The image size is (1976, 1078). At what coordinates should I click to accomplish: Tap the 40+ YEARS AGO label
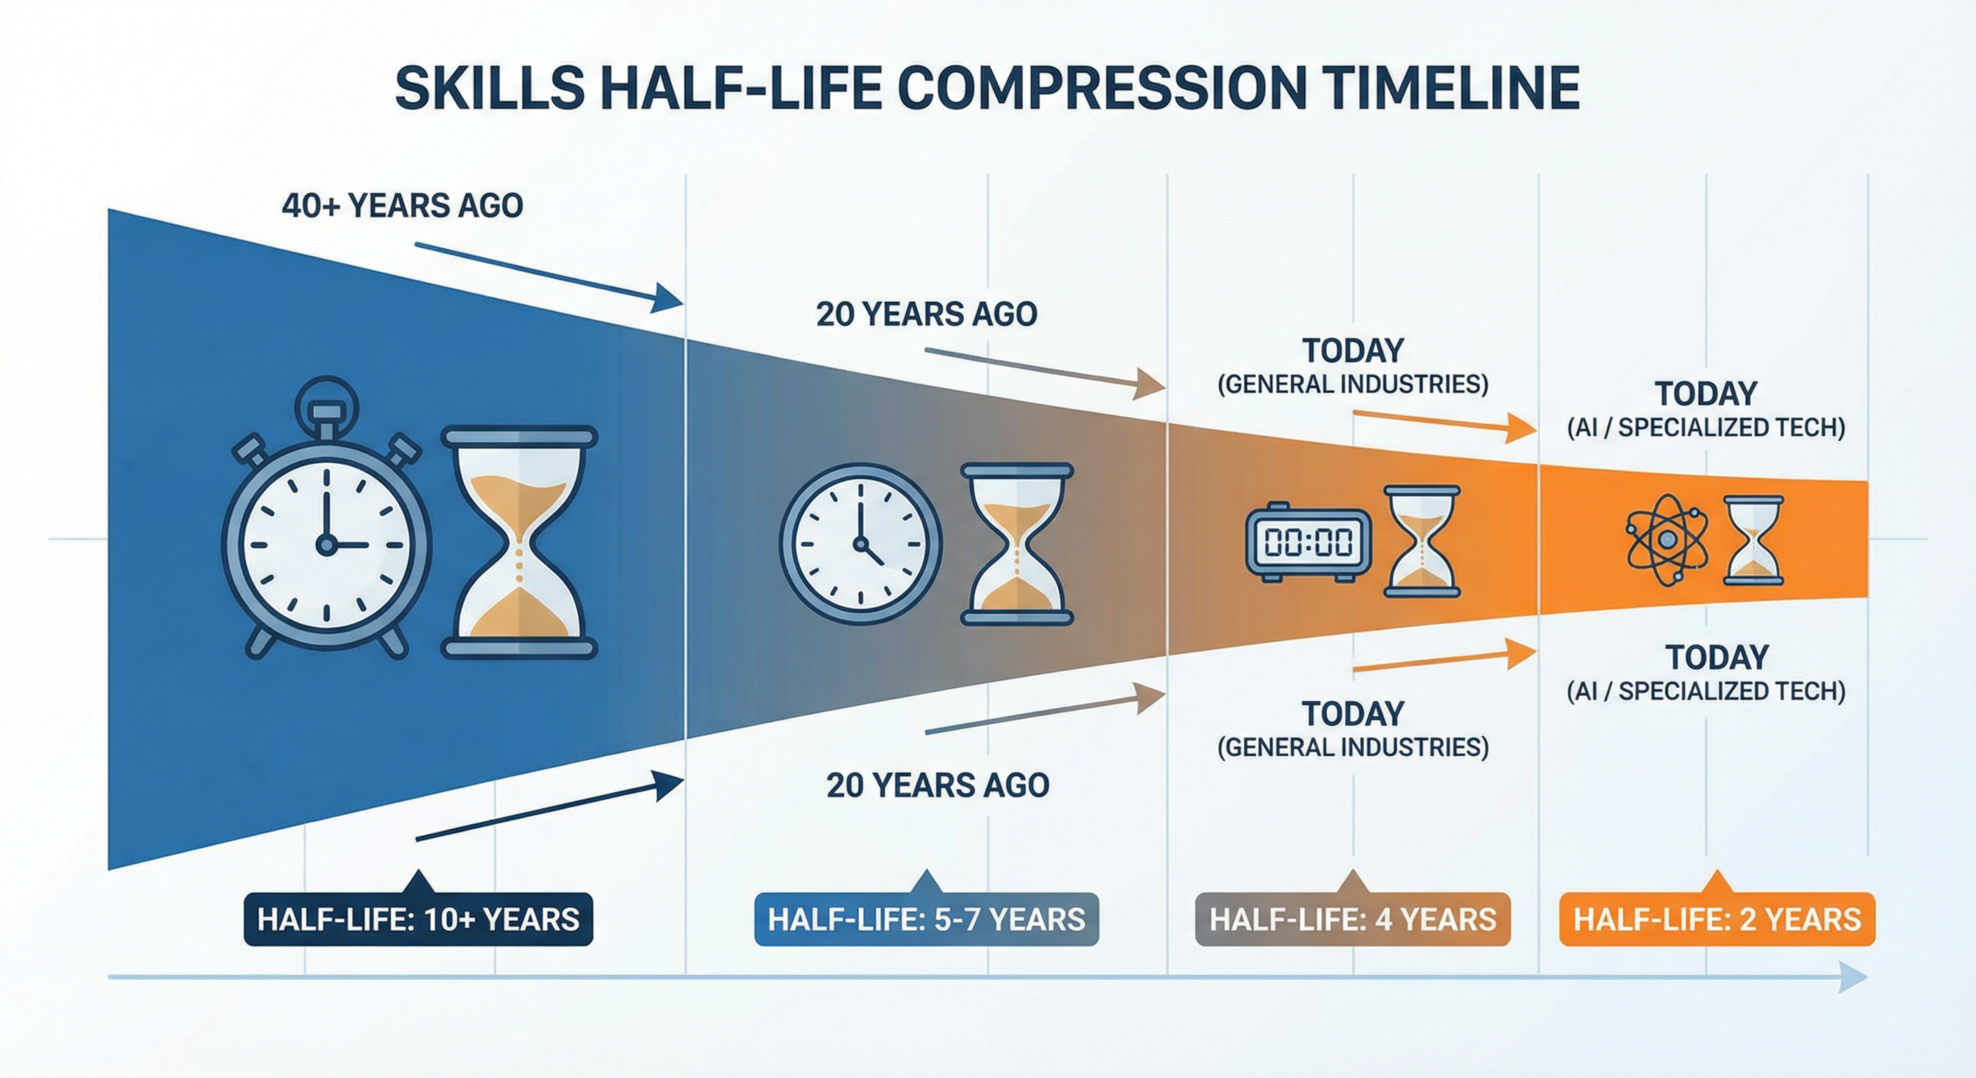tap(402, 206)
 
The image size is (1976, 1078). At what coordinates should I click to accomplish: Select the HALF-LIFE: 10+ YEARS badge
tap(418, 919)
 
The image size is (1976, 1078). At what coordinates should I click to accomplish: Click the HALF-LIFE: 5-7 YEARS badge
tap(927, 919)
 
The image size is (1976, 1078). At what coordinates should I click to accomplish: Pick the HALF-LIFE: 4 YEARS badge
tap(1352, 919)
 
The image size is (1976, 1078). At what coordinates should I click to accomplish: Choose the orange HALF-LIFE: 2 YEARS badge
tap(1717, 919)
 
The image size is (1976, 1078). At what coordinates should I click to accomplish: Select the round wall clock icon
tap(861, 543)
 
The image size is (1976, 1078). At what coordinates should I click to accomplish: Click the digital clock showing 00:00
tap(1309, 542)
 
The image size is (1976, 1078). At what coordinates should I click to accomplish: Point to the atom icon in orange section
tap(1667, 540)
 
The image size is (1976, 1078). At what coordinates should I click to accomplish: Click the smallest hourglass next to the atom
tap(1754, 540)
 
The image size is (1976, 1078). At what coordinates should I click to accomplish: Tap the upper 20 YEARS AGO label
tap(927, 314)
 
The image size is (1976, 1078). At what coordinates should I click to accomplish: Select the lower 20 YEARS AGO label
tap(937, 785)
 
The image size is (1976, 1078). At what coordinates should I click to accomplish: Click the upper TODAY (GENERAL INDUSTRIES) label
tap(1352, 366)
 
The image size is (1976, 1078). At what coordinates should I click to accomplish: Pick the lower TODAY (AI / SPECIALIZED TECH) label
tap(1706, 674)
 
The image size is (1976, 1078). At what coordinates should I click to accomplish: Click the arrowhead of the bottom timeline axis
tap(1853, 978)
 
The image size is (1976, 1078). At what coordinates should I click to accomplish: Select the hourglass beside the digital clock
tap(1422, 541)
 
